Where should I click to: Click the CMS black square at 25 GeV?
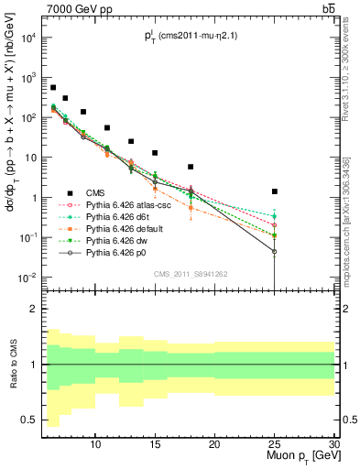point(275,191)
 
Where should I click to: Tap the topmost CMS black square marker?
point(53,88)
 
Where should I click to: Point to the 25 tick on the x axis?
point(275,444)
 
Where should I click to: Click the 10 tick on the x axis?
point(95,444)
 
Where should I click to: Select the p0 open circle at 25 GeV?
point(275,251)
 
